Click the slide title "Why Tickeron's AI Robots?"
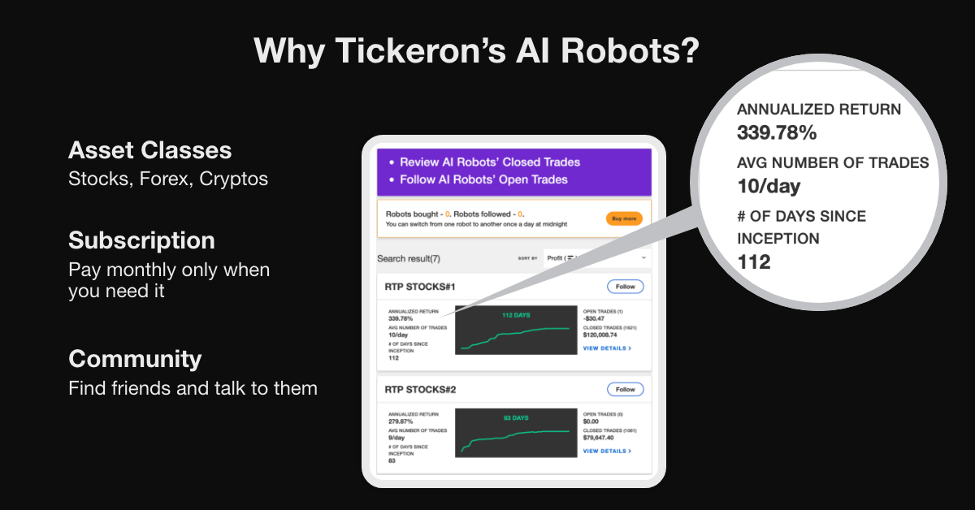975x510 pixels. pos(476,50)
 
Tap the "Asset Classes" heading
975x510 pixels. pos(149,150)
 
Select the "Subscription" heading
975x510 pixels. pos(141,240)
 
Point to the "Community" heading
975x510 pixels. pos(135,359)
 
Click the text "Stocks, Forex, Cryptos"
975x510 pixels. pos(168,179)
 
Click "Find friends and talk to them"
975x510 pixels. pos(193,388)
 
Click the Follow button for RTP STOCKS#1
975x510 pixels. pos(625,287)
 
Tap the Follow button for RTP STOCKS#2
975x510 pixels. pos(625,390)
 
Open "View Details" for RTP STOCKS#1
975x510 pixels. pos(606,348)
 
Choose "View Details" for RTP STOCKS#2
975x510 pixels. pos(606,452)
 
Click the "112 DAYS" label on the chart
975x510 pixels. pos(515,315)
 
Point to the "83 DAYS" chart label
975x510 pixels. pos(515,418)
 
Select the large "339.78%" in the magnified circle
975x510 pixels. pos(777,132)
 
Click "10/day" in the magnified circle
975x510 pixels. pos(769,186)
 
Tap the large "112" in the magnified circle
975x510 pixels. pos(753,261)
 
